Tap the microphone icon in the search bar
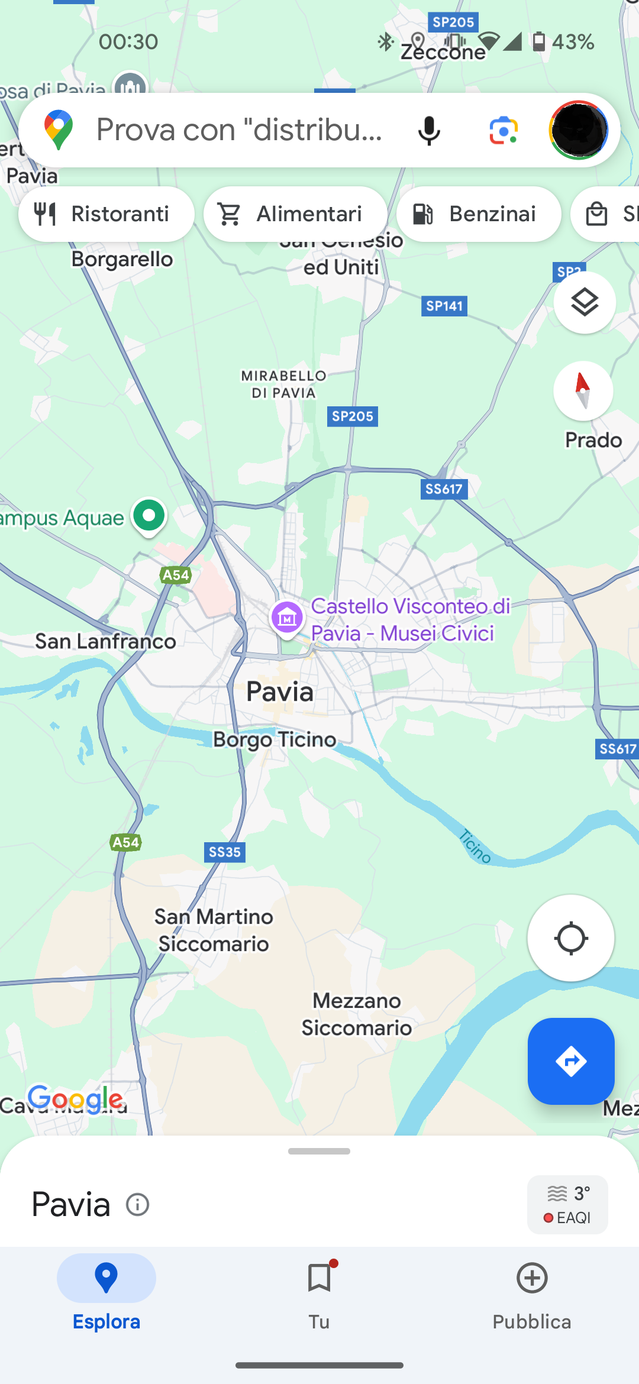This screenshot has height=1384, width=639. pyautogui.click(x=429, y=130)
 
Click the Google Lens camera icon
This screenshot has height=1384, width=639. pyautogui.click(x=504, y=130)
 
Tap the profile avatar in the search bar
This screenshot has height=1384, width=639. pyautogui.click(x=578, y=130)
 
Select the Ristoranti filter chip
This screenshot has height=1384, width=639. pyautogui.click(x=106, y=214)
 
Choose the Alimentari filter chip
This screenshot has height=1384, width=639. pyautogui.click(x=295, y=214)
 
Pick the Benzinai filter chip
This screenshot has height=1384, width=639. pyautogui.click(x=479, y=214)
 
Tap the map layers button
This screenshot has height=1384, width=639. pyautogui.click(x=585, y=303)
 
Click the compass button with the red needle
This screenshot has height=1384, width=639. pyautogui.click(x=583, y=391)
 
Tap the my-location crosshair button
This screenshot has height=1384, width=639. pyautogui.click(x=571, y=938)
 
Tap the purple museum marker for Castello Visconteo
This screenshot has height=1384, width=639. pyautogui.click(x=287, y=619)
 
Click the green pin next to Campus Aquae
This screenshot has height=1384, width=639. pyautogui.click(x=149, y=516)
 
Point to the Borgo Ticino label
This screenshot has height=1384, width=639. pyautogui.click(x=275, y=739)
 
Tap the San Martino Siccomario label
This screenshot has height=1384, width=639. pyautogui.click(x=214, y=930)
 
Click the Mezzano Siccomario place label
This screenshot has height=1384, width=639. pyautogui.click(x=357, y=1014)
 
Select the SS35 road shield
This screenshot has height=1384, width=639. pyautogui.click(x=225, y=852)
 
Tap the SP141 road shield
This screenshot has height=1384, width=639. pyautogui.click(x=444, y=306)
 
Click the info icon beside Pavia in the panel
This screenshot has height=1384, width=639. pyautogui.click(x=138, y=1205)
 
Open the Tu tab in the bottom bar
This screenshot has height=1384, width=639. pyautogui.click(x=319, y=1294)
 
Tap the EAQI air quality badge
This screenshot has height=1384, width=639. pyautogui.click(x=567, y=1205)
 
